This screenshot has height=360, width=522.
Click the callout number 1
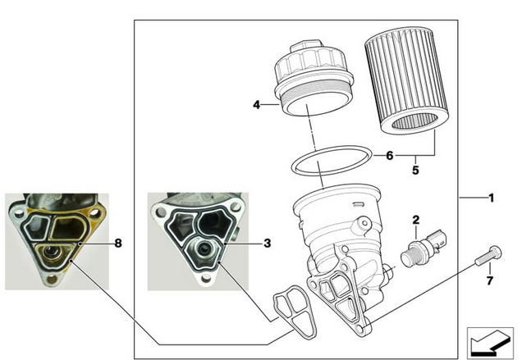(x=491, y=198)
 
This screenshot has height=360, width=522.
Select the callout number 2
(x=416, y=219)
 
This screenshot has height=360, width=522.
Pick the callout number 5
(x=415, y=171)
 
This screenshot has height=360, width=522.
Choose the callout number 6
(x=390, y=154)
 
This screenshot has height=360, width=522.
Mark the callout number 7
(x=490, y=281)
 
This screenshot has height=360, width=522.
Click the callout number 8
(x=118, y=243)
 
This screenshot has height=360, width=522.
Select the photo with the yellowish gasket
(x=56, y=242)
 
